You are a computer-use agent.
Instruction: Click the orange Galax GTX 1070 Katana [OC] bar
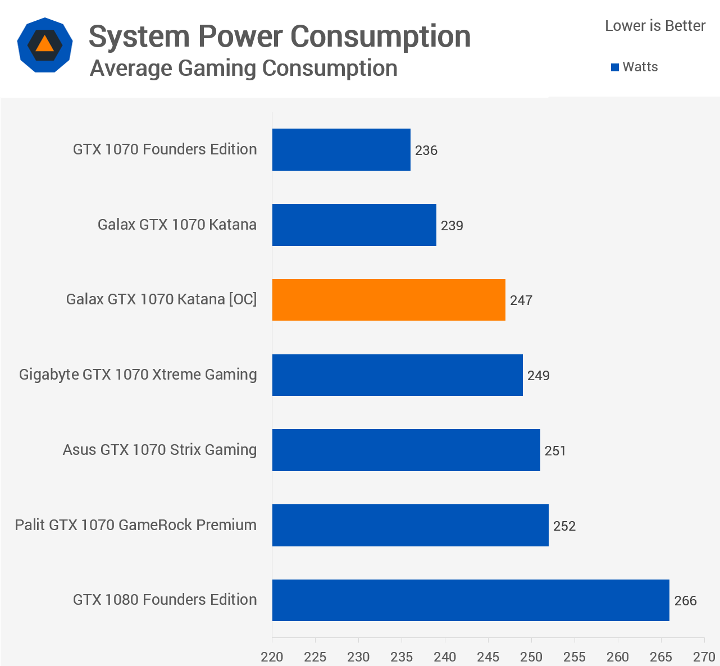tap(389, 300)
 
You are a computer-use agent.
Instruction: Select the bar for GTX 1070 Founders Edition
tap(341, 150)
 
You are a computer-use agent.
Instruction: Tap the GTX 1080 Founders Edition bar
tap(471, 600)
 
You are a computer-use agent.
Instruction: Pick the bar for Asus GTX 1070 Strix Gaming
tap(406, 450)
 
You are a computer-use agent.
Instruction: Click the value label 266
tap(685, 601)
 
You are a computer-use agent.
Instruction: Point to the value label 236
tap(426, 150)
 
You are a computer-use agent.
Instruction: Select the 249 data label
tap(538, 376)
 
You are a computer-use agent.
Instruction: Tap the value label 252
tap(564, 526)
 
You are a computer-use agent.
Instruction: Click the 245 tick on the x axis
tap(488, 656)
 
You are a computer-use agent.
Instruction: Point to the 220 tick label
tap(272, 656)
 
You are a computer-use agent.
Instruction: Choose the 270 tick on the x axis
tap(704, 656)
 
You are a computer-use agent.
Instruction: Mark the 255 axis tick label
tap(575, 656)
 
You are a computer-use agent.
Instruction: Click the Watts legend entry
tap(635, 67)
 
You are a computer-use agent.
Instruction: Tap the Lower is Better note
tap(655, 26)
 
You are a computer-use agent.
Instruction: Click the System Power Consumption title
tap(280, 37)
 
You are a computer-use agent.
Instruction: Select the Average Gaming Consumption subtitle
tap(244, 69)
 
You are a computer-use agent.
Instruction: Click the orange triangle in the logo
tap(45, 44)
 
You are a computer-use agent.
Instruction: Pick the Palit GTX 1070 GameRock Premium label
tap(136, 525)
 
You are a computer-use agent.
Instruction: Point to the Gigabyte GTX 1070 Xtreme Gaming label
tap(138, 375)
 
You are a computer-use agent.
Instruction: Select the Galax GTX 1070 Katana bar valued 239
tap(354, 225)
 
